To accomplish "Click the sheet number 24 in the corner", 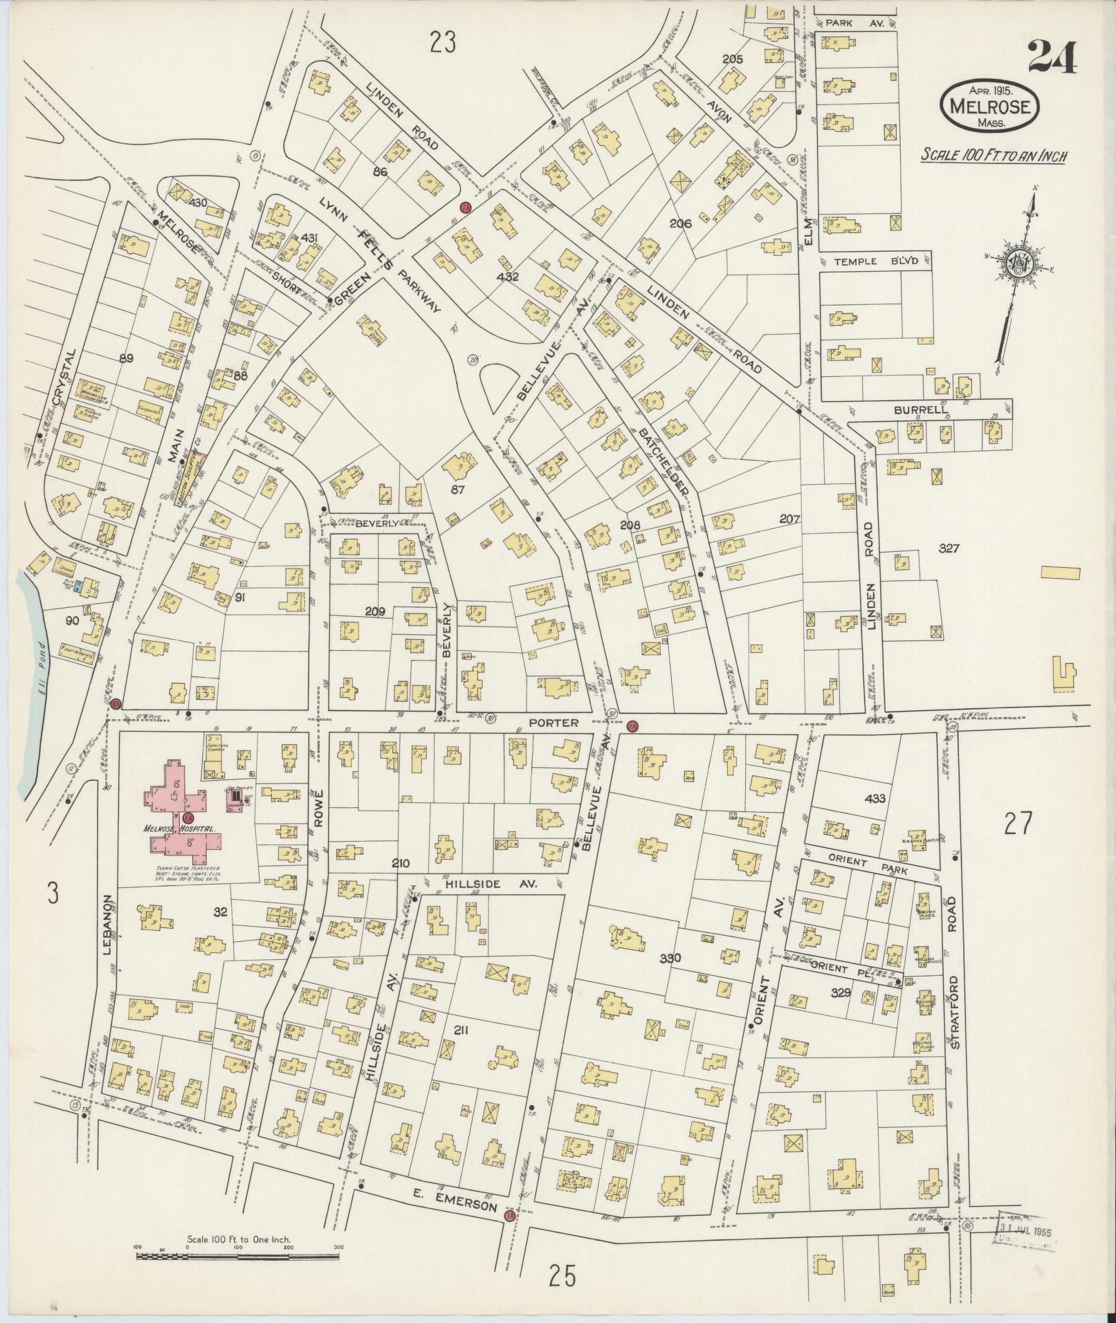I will point(1051,57).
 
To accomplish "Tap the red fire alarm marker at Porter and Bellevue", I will point(632,727).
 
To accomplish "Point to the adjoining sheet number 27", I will point(1018,823).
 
